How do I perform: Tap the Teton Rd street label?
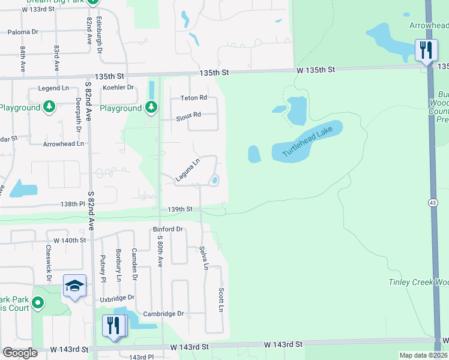click(x=194, y=98)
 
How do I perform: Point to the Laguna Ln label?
click(x=187, y=170)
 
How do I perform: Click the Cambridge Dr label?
click(x=163, y=314)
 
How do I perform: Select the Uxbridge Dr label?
click(x=118, y=298)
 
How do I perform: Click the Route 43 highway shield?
click(x=433, y=203)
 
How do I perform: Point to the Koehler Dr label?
click(x=118, y=87)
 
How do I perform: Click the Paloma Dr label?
click(x=23, y=31)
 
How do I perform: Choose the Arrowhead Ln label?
click(x=63, y=144)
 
